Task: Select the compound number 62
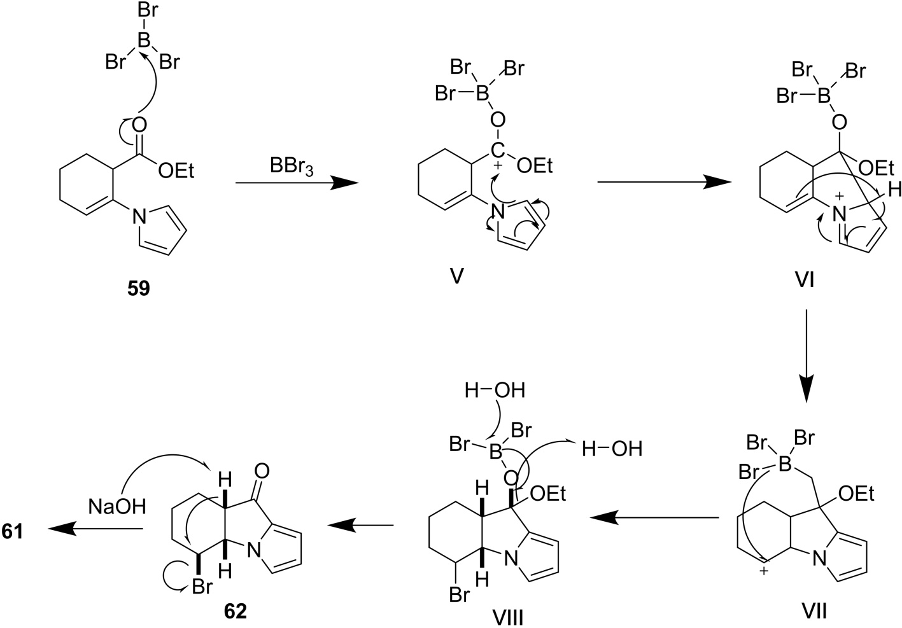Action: tap(235, 611)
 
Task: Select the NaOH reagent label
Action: tap(117, 506)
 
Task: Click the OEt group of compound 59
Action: tap(175, 171)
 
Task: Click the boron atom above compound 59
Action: tap(144, 41)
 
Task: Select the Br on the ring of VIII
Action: tap(460, 596)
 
